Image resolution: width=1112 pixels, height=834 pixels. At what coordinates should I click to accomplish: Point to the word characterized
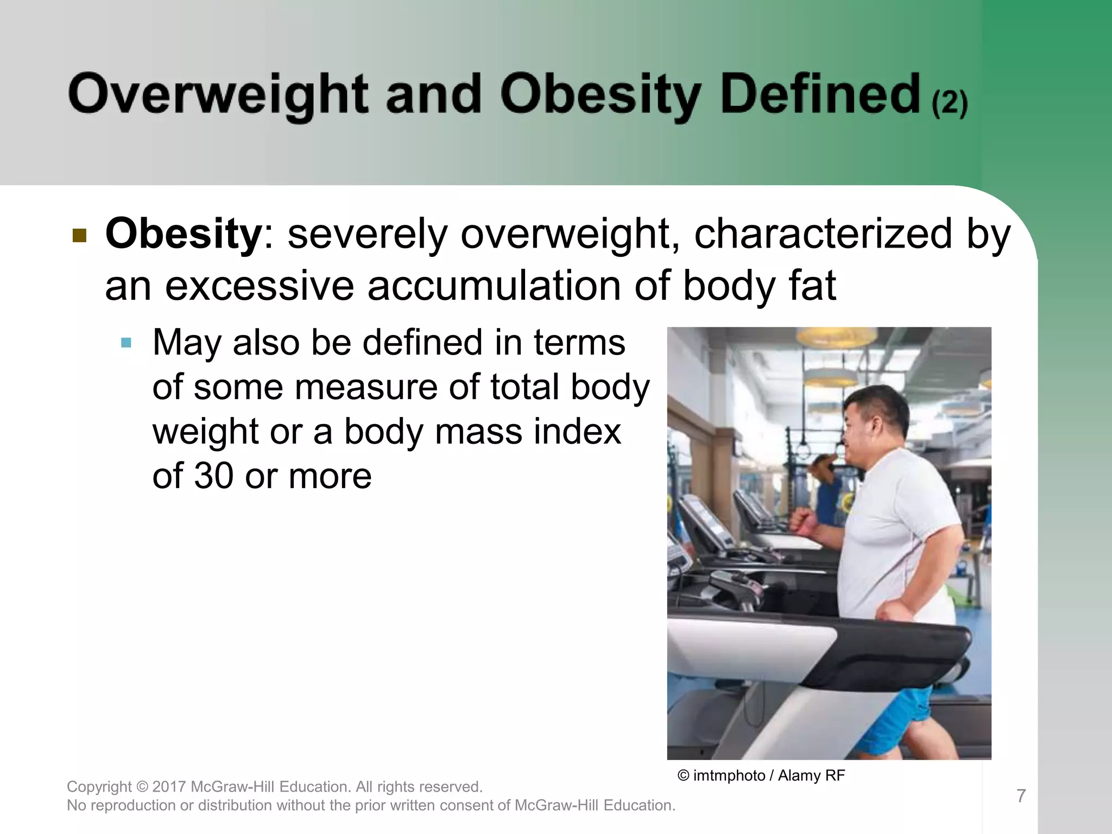tap(823, 233)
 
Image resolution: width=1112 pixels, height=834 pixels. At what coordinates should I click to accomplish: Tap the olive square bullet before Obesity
tap(80, 236)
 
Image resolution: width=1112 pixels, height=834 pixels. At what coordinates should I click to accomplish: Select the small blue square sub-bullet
tap(127, 343)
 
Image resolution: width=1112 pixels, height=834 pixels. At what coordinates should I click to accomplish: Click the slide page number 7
tap(1021, 796)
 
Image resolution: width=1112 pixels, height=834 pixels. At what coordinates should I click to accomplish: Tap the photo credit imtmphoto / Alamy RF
tap(761, 775)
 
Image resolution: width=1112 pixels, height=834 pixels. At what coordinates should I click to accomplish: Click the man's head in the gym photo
tap(874, 421)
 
